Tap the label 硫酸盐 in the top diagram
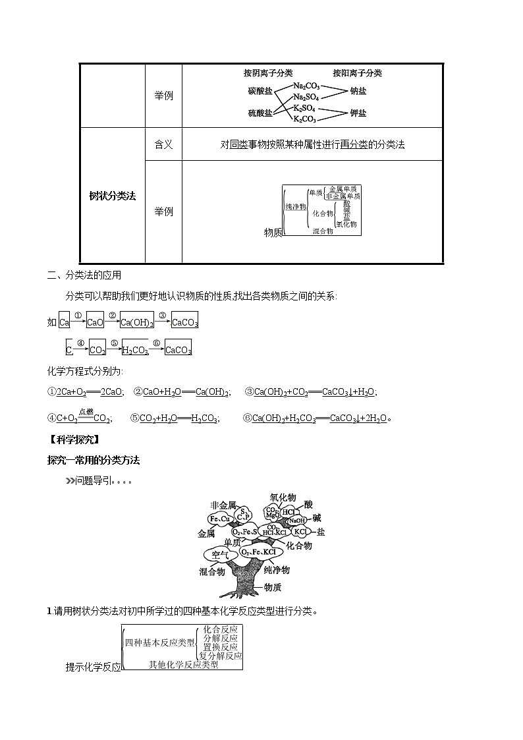260,113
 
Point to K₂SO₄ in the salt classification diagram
304,108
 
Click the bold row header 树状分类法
112,196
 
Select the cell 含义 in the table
163,144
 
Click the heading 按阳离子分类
357,73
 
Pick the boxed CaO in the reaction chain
96,322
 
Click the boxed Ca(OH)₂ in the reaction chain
137,322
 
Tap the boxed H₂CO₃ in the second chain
135,350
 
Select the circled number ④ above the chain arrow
80,343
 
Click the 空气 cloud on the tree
217,554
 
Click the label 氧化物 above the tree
283,498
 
